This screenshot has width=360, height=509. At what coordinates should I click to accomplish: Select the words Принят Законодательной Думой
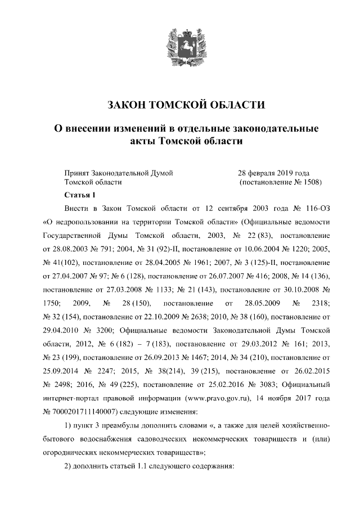pos(118,173)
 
